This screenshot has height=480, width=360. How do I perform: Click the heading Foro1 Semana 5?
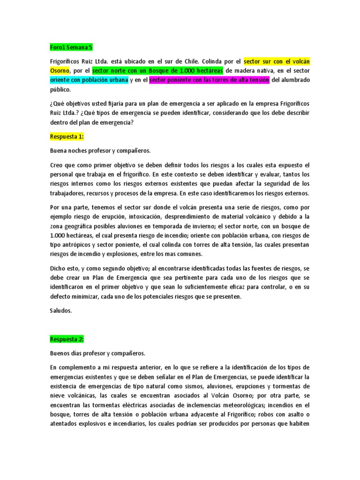[71, 47]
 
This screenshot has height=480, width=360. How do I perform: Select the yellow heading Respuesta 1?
[67, 136]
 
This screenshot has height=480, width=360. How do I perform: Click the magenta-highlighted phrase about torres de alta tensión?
[209, 80]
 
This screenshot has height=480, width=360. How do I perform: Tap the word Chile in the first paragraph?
[212, 61]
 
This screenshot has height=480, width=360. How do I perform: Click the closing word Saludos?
[61, 310]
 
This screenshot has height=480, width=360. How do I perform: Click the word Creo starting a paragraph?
[56, 165]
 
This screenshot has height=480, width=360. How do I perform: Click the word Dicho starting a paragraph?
[57, 268]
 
